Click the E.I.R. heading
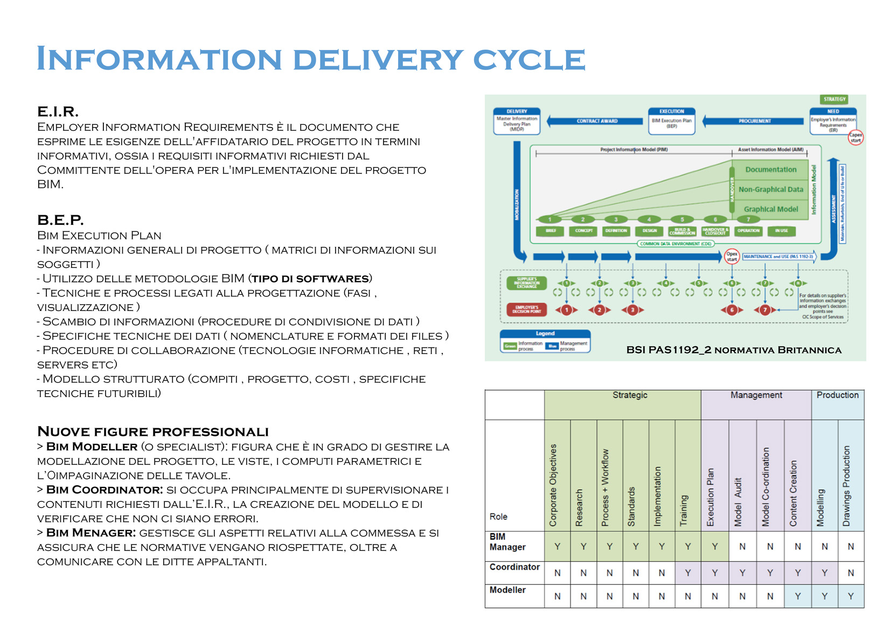click(58, 112)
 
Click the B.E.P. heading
click(60, 220)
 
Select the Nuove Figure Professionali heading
click(152, 432)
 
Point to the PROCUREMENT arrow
click(754, 121)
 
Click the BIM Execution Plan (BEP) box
click(671, 121)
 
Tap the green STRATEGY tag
click(834, 100)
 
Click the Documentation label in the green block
click(770, 169)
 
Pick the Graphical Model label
click(770, 209)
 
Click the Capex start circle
click(855, 138)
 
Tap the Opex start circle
click(732, 256)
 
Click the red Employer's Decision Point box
click(526, 309)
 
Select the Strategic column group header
click(629, 395)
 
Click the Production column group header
click(837, 395)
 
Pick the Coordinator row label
click(514, 567)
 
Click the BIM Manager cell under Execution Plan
click(714, 547)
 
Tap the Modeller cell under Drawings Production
click(851, 596)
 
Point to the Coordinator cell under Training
click(688, 573)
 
